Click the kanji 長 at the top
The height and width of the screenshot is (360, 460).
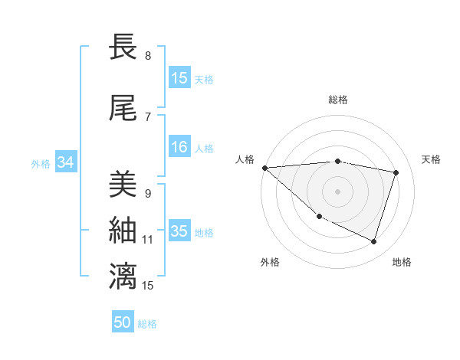[x=123, y=47]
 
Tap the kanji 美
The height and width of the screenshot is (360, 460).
[x=123, y=185]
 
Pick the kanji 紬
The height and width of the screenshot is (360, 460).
[x=123, y=230]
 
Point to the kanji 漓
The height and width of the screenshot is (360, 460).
[x=123, y=277]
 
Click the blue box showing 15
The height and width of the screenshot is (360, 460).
[x=179, y=78]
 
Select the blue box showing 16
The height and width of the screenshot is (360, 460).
[x=179, y=148]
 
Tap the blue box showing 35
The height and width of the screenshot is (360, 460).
[x=179, y=231]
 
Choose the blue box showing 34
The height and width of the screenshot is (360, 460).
[x=65, y=162]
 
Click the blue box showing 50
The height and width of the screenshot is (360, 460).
[x=123, y=323]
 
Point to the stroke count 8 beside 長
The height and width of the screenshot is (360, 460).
[x=148, y=56]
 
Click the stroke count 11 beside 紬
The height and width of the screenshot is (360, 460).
[x=147, y=239]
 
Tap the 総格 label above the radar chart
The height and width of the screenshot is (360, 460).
[x=338, y=100]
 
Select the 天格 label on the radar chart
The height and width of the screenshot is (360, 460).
[x=432, y=159]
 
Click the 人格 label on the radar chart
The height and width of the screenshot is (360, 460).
[x=245, y=159]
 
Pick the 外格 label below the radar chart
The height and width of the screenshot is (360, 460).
[x=270, y=262]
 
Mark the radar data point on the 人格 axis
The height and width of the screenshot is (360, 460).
[x=264, y=168]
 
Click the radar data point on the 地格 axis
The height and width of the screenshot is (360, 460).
[x=373, y=242]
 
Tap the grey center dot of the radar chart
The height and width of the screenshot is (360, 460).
[x=338, y=191]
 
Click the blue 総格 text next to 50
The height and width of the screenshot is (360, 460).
[x=147, y=324]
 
